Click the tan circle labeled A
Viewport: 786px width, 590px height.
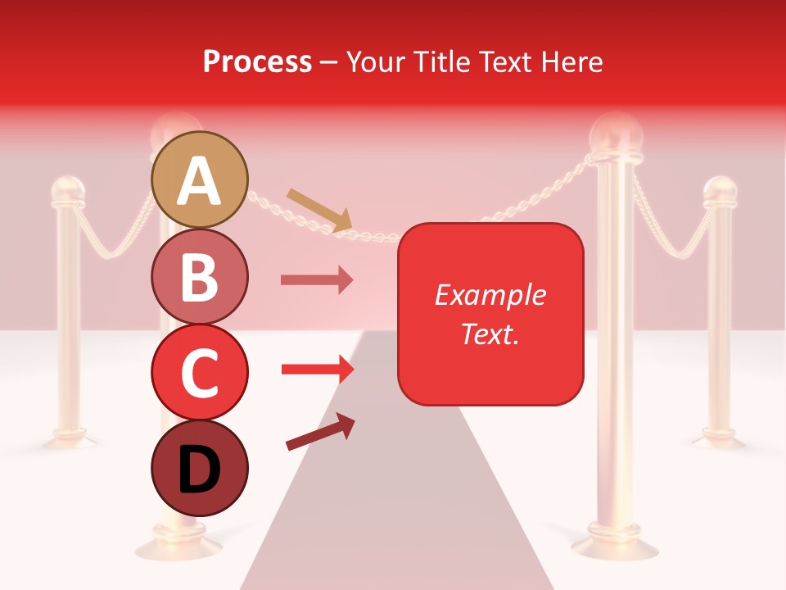[x=200, y=179]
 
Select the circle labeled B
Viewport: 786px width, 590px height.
[x=200, y=276]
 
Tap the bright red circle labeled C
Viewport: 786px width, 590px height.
[x=200, y=371]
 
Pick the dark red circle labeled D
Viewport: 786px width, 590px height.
[x=200, y=468]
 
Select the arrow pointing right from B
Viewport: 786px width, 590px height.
[x=317, y=280]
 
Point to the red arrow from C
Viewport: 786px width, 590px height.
[x=317, y=370]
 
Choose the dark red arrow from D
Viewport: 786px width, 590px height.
[x=320, y=432]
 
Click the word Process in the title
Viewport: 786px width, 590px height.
[x=257, y=61]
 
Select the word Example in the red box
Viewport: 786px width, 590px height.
[x=490, y=295]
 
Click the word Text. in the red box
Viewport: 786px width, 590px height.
[x=490, y=333]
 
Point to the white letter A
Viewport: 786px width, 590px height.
[x=200, y=181]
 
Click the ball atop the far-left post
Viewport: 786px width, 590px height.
[x=68, y=191]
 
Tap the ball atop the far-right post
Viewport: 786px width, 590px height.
[x=720, y=191]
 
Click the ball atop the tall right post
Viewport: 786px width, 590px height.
[x=616, y=130]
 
